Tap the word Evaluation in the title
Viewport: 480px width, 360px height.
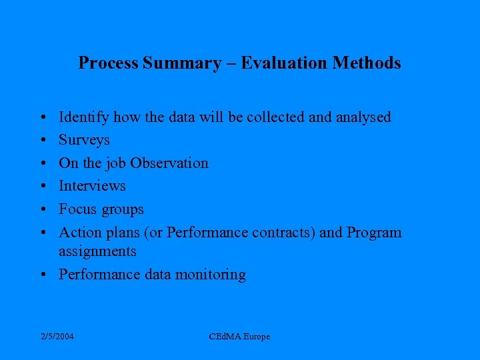click(x=284, y=63)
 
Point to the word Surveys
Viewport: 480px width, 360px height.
click(x=84, y=141)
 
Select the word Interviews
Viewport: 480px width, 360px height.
click(x=92, y=186)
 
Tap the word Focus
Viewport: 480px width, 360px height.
click(x=78, y=209)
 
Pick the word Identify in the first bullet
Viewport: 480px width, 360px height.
click(x=84, y=117)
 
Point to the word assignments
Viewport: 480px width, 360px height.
click(x=97, y=251)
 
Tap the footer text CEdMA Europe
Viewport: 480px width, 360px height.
click(x=239, y=337)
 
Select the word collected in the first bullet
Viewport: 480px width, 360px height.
click(x=276, y=117)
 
